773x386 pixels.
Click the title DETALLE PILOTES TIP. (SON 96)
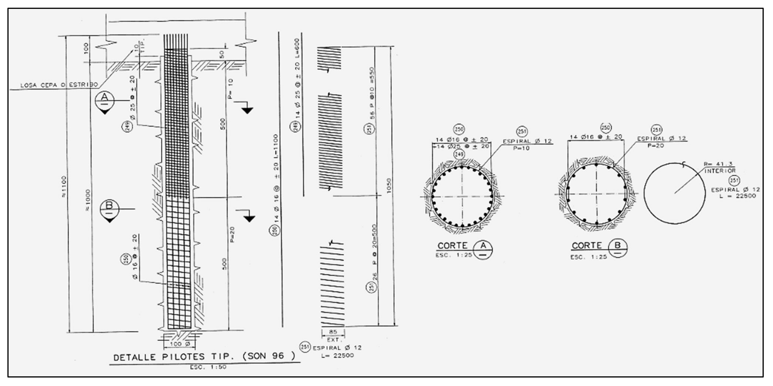204,357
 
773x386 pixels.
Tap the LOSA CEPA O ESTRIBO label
59,85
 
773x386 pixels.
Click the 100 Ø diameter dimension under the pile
179,344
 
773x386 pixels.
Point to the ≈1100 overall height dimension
64,187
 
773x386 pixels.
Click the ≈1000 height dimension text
88,200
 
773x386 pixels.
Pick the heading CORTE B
599,246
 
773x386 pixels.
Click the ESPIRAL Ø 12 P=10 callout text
527,144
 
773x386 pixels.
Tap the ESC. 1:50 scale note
208,367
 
